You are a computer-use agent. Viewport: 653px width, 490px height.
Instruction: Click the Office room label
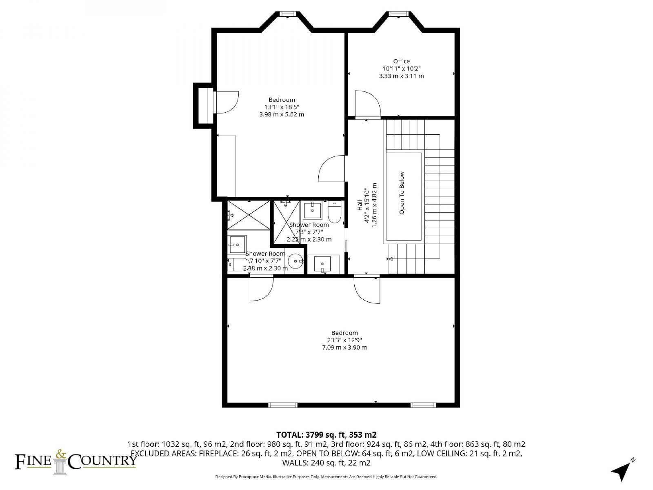(401, 61)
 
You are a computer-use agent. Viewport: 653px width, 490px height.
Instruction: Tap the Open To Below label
(402, 193)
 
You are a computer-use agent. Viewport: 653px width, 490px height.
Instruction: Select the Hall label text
(360, 205)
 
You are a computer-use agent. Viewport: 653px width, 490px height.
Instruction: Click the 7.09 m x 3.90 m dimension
(344, 347)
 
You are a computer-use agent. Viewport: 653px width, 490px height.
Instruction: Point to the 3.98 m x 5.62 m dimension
(282, 114)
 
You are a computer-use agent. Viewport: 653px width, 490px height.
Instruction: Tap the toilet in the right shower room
(334, 212)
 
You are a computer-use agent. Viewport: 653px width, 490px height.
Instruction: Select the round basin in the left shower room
(296, 261)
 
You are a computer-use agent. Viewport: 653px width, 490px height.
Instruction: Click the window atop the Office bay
(399, 14)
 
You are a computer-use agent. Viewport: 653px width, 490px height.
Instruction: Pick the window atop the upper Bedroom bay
(288, 14)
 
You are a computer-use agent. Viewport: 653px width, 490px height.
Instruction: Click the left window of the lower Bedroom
(282, 405)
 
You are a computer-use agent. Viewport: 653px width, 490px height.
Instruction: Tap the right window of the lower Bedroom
(423, 405)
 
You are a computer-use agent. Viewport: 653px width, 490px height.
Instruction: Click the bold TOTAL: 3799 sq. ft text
(311, 435)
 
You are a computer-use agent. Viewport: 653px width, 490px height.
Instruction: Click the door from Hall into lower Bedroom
(367, 290)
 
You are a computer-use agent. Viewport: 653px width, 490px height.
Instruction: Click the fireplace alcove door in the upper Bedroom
(226, 102)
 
